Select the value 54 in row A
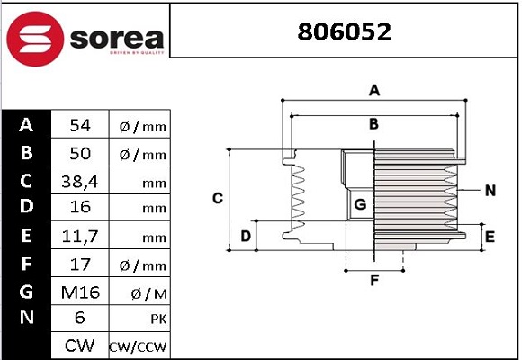79,126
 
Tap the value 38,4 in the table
79,181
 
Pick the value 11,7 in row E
79,237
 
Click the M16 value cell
79,292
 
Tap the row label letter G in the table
26,292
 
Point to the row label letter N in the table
26,319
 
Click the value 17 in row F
79,265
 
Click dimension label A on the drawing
374,89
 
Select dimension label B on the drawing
373,123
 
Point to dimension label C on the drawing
217,197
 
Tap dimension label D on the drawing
245,237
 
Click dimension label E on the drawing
490,237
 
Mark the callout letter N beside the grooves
490,190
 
